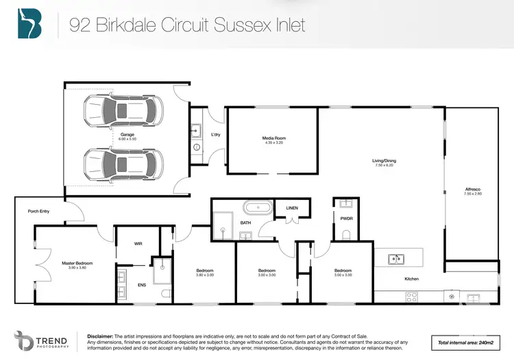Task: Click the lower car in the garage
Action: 124,163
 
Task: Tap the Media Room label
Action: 273,139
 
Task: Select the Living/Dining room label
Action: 384,161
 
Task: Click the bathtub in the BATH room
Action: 258,207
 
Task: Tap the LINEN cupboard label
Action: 292,208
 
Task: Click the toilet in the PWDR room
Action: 345,235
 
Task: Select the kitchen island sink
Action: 395,259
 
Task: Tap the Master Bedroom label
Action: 77,263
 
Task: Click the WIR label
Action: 138,244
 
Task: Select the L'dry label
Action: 215,135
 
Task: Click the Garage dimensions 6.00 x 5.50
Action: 127,139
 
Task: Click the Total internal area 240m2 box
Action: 466,342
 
